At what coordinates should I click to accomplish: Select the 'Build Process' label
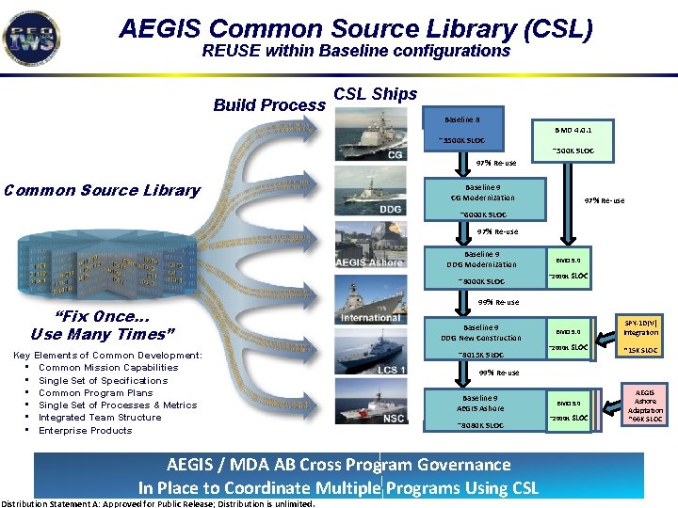[269, 105]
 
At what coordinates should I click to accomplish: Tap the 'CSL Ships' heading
[376, 94]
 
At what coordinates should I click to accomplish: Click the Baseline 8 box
[462, 120]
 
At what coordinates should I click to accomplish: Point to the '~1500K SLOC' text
[460, 141]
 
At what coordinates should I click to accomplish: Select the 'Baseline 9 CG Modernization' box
[483, 192]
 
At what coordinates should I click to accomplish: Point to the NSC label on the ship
[395, 417]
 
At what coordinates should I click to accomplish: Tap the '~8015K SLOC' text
[480, 355]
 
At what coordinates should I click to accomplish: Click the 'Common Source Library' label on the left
[102, 190]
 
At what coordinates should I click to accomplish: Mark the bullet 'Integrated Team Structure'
[100, 418]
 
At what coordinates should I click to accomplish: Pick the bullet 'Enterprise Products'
[86, 430]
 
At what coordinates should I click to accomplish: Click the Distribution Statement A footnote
[158, 503]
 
